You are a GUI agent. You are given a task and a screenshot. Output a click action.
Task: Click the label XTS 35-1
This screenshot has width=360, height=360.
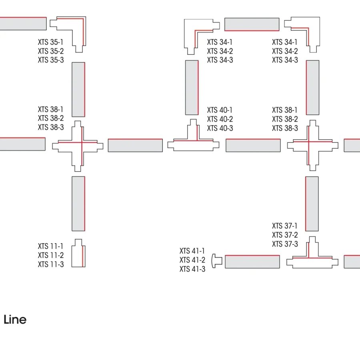(50, 42)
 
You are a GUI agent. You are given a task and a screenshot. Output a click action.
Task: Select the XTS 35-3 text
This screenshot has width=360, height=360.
(51, 60)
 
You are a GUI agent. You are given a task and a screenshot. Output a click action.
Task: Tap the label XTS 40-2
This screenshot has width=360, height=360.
(220, 119)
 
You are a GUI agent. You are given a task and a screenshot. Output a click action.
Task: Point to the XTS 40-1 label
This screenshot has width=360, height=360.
(220, 110)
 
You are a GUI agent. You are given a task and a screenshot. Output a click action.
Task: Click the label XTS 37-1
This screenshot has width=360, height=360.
(285, 226)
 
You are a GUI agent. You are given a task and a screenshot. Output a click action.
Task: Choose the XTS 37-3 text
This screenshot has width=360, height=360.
(285, 244)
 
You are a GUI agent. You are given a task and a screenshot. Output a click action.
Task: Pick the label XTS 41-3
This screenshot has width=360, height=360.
(192, 269)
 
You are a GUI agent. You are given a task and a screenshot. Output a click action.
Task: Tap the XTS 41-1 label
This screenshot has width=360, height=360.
(192, 251)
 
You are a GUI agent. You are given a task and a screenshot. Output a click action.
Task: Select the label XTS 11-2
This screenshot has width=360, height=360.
(51, 255)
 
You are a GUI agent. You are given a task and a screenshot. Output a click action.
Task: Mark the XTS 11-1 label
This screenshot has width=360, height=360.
(50, 246)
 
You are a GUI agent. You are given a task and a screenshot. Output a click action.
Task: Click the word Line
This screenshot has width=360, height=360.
(15, 320)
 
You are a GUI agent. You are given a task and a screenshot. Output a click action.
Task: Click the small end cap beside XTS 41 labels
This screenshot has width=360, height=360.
(217, 261)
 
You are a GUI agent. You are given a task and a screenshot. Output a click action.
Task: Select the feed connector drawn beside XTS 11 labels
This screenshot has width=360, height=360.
(78, 253)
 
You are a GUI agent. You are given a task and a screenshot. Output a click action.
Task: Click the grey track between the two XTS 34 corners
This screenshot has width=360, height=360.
(252, 24)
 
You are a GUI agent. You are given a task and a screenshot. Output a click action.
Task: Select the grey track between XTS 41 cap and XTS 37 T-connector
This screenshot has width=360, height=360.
(252, 262)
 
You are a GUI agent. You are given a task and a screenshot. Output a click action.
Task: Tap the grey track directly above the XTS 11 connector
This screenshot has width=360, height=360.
(78, 204)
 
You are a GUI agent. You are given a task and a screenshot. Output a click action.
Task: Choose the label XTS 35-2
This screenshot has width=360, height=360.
(51, 51)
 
